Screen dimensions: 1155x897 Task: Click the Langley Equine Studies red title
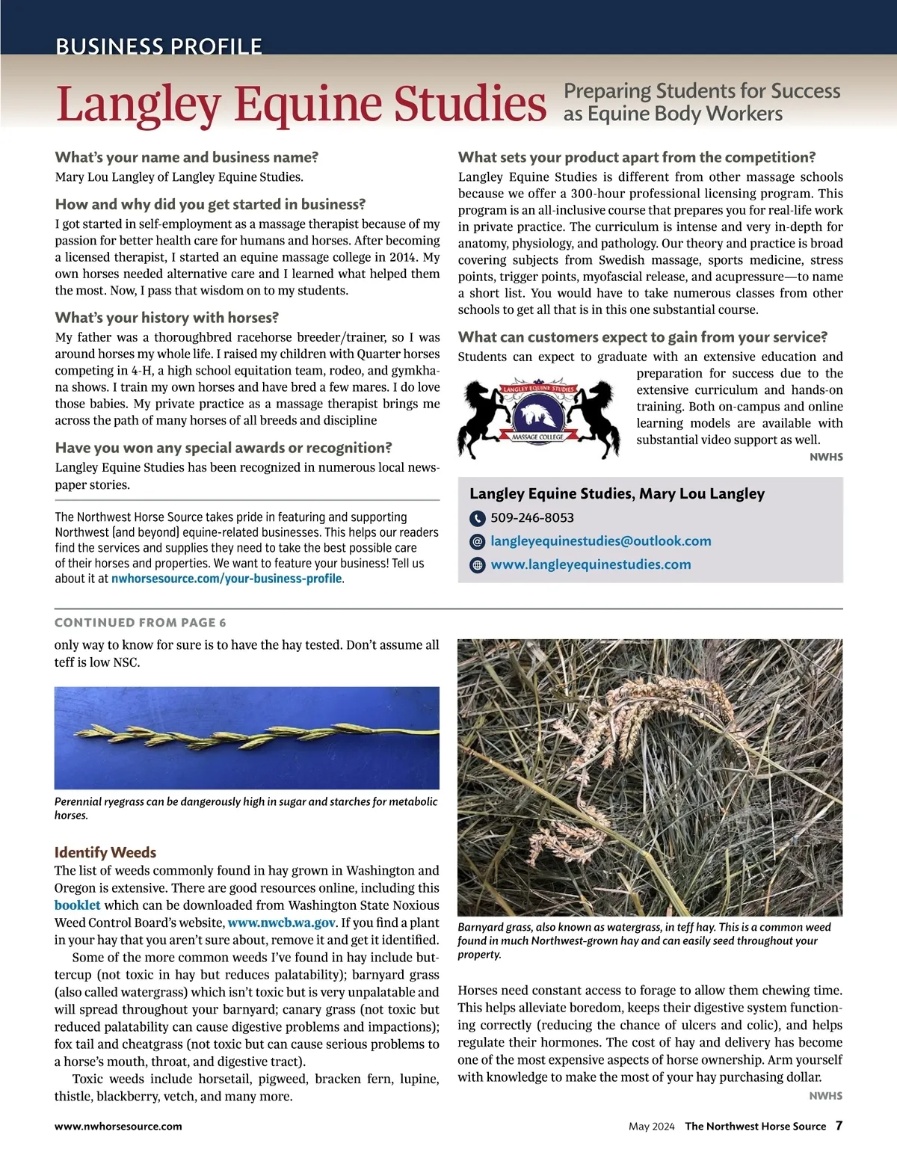click(300, 104)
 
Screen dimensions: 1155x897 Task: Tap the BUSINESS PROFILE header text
click(158, 46)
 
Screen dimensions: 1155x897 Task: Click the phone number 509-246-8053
click(532, 517)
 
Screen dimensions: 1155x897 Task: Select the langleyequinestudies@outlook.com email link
click(600, 540)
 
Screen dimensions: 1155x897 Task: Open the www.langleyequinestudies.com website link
click(591, 564)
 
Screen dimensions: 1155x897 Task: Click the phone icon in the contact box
click(478, 518)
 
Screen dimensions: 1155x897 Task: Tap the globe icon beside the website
click(478, 565)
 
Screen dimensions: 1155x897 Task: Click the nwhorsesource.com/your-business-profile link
click(226, 579)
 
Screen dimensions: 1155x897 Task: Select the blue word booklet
click(77, 905)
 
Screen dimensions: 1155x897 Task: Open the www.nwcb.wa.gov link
click(282, 923)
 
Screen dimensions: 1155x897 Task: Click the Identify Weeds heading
click(105, 852)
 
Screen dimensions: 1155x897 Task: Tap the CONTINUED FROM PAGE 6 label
click(141, 623)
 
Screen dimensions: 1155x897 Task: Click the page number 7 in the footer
click(839, 1125)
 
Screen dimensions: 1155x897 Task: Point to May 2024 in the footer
click(651, 1127)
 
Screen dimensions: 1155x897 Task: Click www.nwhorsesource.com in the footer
click(118, 1127)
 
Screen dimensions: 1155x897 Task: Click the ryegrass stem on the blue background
click(247, 736)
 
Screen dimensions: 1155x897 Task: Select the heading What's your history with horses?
click(167, 318)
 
